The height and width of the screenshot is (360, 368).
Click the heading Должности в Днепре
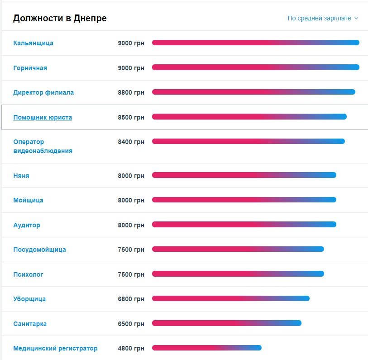[60, 19]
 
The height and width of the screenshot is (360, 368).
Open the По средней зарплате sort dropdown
[322, 19]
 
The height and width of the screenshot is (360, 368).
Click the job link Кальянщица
[33, 43]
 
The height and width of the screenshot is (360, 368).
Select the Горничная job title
[30, 68]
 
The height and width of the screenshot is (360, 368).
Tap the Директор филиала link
[43, 92]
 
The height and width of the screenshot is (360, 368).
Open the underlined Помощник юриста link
[43, 117]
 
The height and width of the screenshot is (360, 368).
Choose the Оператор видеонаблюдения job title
[43, 146]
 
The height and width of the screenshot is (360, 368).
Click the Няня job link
[21, 176]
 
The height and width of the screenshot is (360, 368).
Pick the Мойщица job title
[28, 200]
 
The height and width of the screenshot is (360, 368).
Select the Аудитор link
[27, 225]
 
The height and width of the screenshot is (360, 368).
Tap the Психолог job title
[28, 274]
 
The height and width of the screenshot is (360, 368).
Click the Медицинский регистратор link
[55, 349]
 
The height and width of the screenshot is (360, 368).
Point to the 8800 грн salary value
[131, 92]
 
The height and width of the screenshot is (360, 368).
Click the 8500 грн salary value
[131, 117]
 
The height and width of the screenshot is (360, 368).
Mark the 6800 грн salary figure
[131, 299]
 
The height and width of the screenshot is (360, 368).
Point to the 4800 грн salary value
[131, 349]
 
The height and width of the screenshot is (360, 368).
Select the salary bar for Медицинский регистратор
[207, 348]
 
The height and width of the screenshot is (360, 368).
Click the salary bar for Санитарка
[226, 323]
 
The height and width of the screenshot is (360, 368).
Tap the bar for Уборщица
[230, 298]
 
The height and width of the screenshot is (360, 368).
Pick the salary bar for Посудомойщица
[238, 249]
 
